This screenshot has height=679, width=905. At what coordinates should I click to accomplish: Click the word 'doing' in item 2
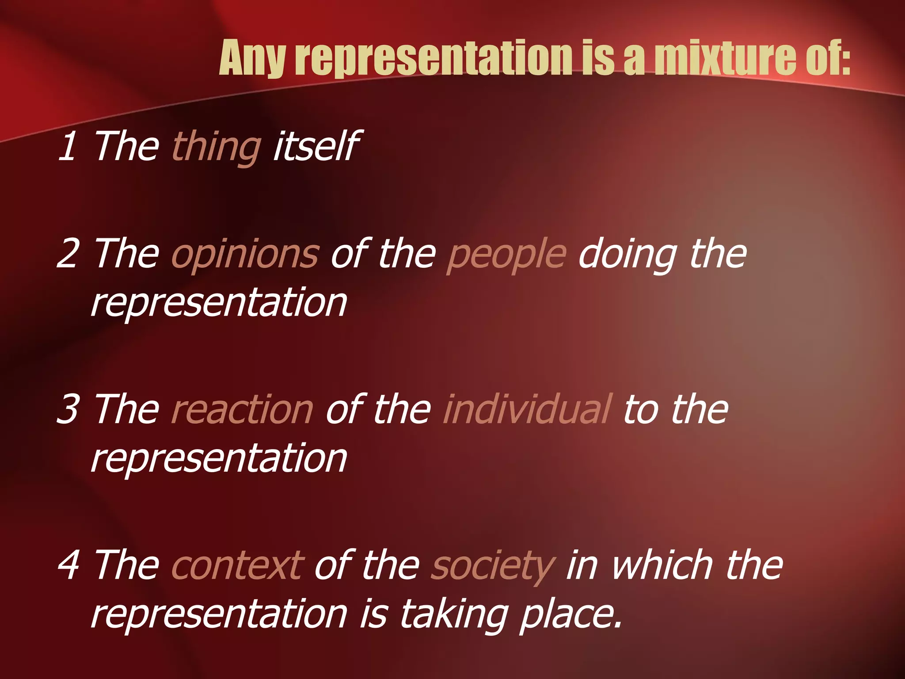coord(628,254)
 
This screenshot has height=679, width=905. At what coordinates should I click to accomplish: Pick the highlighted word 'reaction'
coord(242,409)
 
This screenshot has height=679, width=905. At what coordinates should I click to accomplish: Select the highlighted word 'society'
coord(492,566)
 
